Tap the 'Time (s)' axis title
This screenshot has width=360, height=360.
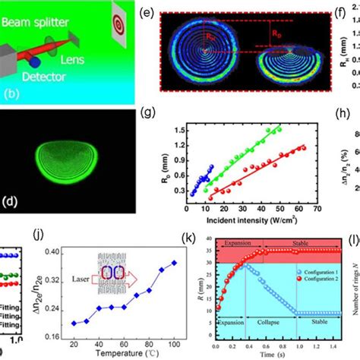[x=270, y=354]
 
